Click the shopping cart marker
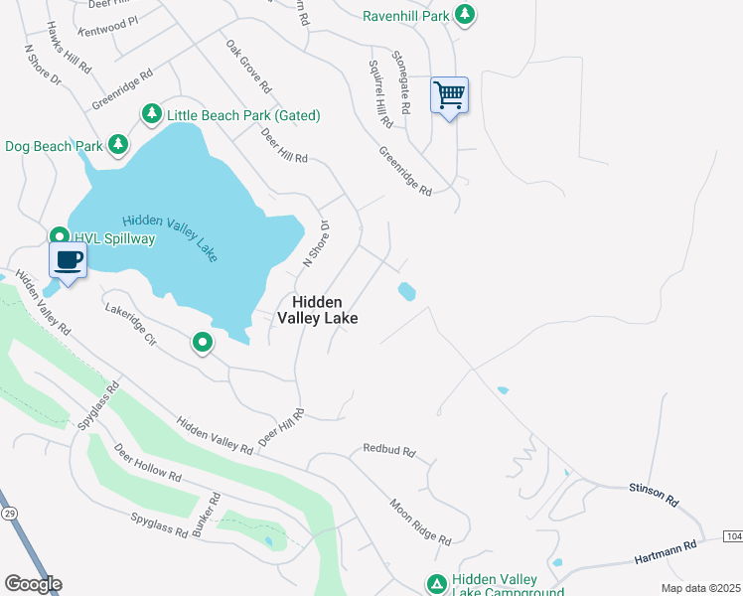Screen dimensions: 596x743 coord(449,96)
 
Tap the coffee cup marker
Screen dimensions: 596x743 coord(68,261)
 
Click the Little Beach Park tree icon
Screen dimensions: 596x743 coord(151,115)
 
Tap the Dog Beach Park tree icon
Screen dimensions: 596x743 coord(118,146)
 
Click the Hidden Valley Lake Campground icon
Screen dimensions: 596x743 coord(436,584)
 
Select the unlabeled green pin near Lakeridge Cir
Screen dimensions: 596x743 coord(203,344)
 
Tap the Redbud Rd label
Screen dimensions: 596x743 coord(387,450)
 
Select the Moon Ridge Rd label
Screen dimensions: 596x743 coord(420,522)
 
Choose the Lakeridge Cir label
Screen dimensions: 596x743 coord(130,324)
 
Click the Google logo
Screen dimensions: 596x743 coord(33,584)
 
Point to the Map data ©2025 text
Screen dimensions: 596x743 coord(700,588)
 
